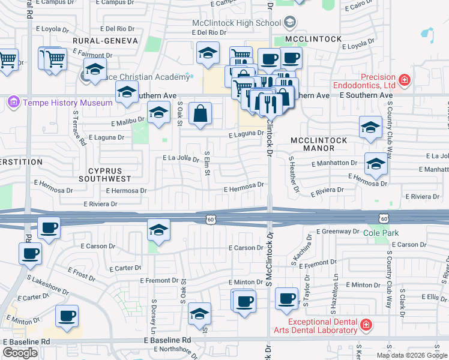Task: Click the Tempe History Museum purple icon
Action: click(13, 103)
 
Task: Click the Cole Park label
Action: click(378, 232)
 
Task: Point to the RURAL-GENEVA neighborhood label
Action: click(105, 41)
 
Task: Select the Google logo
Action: click(20, 353)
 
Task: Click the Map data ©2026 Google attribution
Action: click(412, 355)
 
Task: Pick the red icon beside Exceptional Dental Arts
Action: click(365, 326)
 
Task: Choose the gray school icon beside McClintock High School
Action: click(289, 23)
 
